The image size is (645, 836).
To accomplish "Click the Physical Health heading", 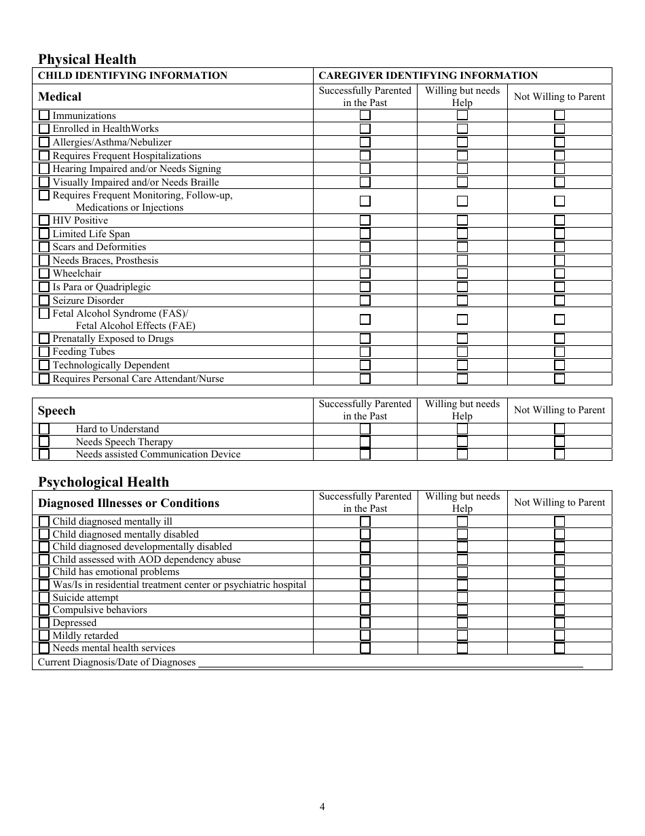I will [x=87, y=59].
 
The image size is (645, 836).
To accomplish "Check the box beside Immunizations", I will [x=44, y=116].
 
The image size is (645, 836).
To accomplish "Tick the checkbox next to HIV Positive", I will [x=44, y=220].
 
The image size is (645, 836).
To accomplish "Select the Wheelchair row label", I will [x=77, y=273].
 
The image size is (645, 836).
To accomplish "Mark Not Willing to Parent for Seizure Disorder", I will [x=559, y=300].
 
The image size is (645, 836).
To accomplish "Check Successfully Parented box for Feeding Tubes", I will [x=365, y=352].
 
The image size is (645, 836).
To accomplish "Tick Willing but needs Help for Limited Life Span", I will [x=462, y=234].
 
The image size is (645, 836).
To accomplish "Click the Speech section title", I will [x=56, y=411].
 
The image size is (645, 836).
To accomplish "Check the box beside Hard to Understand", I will [x=44, y=429].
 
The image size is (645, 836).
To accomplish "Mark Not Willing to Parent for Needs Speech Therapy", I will [x=559, y=442].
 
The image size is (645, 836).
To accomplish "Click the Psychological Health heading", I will [x=103, y=482].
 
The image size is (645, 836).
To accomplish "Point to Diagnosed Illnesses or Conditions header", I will [x=128, y=503].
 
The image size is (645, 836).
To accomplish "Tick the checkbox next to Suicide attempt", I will [x=44, y=597].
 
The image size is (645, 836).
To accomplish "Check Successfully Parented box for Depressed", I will [x=365, y=623].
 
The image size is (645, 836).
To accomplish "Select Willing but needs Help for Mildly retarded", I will [x=462, y=635].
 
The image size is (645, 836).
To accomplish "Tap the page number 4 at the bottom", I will [x=322, y=807].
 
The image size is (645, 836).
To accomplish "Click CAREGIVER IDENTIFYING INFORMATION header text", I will [x=428, y=75].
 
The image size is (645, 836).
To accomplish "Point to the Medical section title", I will [x=59, y=97].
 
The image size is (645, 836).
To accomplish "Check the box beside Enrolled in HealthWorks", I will [x=44, y=128].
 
